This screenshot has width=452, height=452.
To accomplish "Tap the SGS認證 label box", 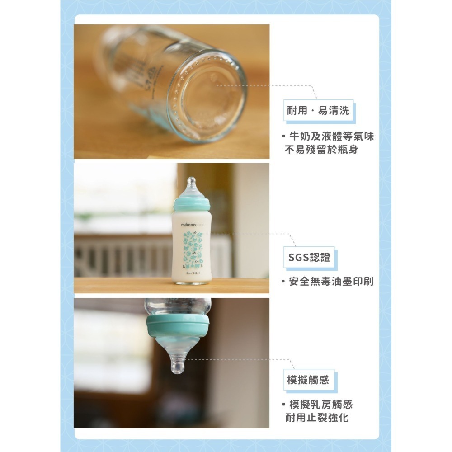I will (x=309, y=258).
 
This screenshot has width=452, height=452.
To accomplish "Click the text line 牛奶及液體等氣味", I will (x=331, y=136).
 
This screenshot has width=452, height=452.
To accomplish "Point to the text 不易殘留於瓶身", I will (x=321, y=149).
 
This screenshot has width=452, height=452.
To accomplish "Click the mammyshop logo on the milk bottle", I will (x=190, y=224).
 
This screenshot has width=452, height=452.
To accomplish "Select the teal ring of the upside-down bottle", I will (x=178, y=324).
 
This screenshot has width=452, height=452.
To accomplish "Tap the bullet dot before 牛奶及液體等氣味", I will (x=283, y=136).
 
